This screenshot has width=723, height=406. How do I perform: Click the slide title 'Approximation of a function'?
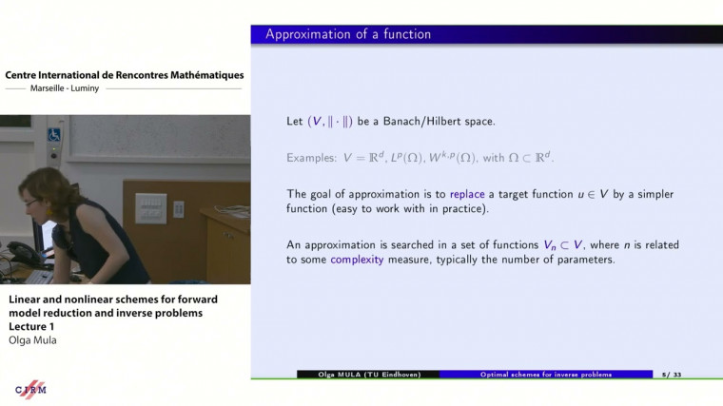pos(347,35)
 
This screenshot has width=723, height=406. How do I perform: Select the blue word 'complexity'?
pos(362,260)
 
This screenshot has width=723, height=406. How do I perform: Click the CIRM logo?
pos(30,391)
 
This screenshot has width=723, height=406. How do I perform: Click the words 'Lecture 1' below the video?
pos(36,325)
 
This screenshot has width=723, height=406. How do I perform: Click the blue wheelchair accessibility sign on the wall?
pos(54,135)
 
